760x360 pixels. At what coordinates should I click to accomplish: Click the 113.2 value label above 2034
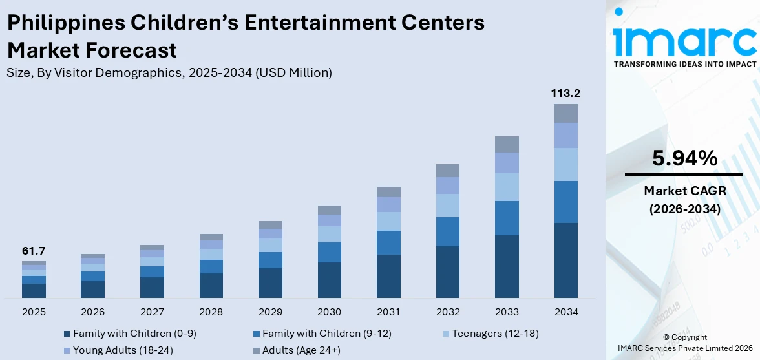click(x=565, y=93)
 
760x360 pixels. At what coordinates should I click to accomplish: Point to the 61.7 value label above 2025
click(x=34, y=251)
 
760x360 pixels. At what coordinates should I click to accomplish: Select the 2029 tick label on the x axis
click(x=270, y=312)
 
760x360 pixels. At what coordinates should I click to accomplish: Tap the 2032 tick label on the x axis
click(x=448, y=312)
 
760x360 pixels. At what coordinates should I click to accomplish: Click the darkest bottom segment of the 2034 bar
click(x=566, y=260)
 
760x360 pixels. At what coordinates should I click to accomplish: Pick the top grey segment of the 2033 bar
click(x=507, y=144)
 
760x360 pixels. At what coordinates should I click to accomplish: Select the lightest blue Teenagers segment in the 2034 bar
click(x=566, y=164)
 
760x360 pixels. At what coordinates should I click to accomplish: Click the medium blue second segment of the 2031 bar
click(x=388, y=242)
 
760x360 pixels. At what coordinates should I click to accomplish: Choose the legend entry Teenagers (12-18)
click(x=495, y=334)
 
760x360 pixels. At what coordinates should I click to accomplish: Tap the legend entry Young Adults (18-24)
click(x=113, y=350)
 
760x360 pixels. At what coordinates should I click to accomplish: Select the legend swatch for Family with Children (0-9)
click(x=67, y=334)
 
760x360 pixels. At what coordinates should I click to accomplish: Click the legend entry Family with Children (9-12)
click(x=326, y=334)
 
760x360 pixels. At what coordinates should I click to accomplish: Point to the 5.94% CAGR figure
click(x=684, y=158)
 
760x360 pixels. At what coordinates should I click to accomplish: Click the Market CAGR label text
click(x=684, y=191)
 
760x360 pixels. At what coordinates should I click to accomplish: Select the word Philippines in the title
click(x=65, y=23)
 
